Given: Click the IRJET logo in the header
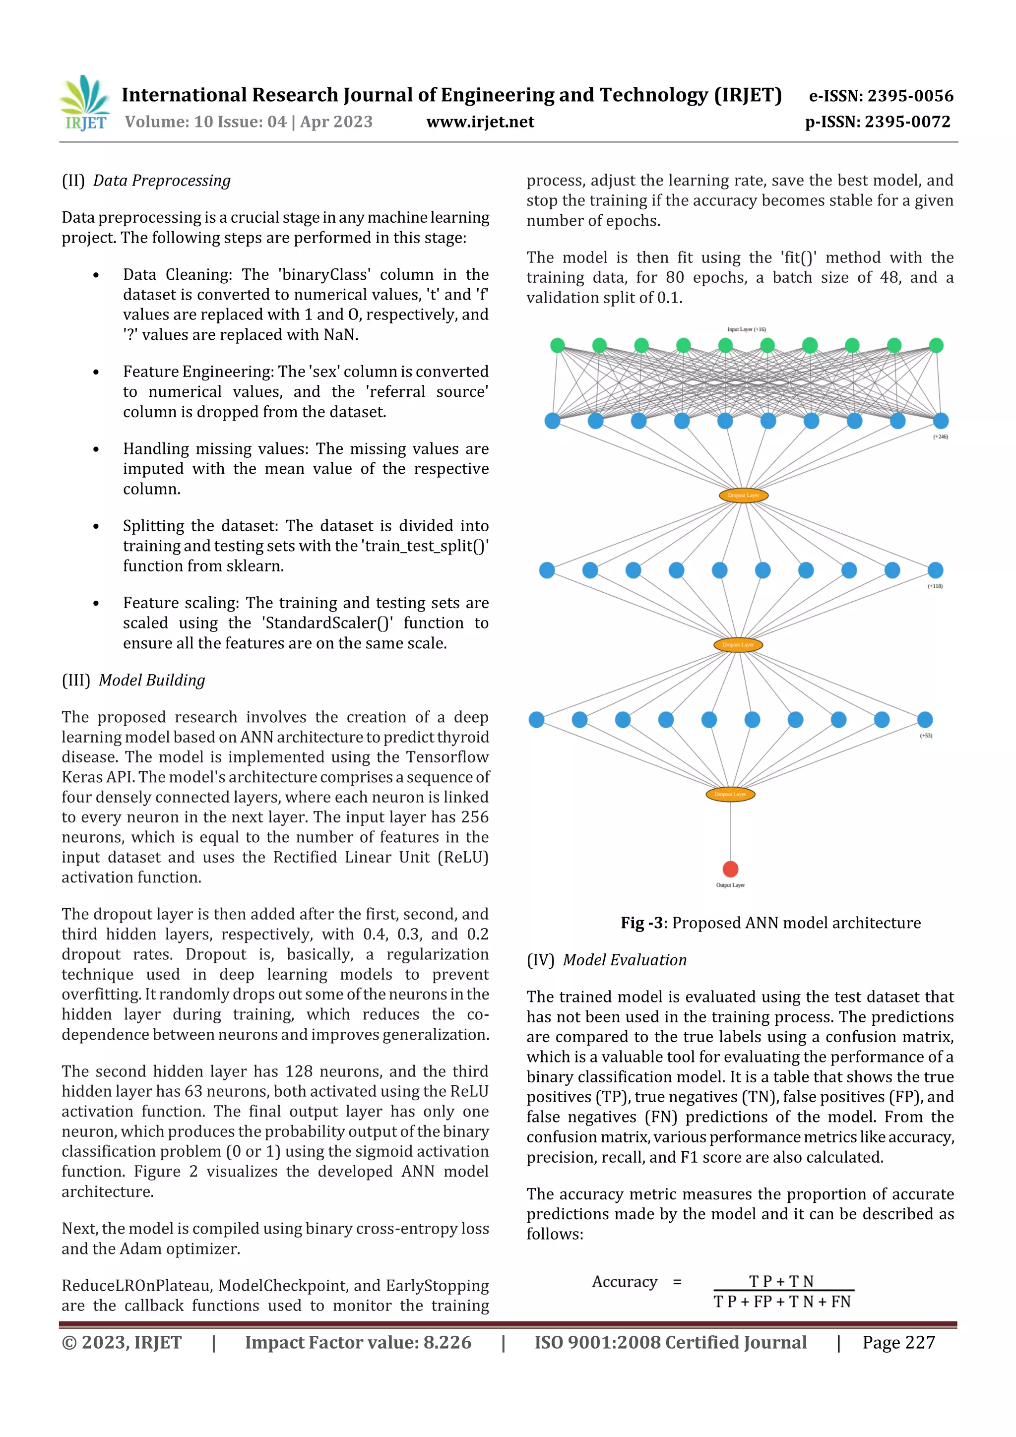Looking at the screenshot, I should coord(84,103).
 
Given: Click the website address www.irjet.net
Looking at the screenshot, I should coord(480,122).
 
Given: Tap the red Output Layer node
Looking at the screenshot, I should coord(730,869).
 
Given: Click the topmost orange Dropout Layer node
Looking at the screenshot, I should coord(743,495).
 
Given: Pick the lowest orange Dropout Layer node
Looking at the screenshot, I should coord(730,794).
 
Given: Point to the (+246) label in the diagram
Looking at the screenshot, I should coord(940,437).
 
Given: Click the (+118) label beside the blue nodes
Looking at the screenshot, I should coord(935,586).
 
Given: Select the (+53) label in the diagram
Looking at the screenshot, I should coord(926,736).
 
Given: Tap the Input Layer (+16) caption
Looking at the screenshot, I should coord(746,329).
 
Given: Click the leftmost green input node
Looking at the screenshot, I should coord(557,345).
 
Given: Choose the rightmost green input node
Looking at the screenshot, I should coord(936,345).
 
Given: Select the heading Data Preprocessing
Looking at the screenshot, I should coord(162,181).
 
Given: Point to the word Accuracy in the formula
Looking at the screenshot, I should coord(624,1282).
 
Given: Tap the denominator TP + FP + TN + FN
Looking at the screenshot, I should coord(782,1302).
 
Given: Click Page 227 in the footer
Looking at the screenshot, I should coord(898,1342).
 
